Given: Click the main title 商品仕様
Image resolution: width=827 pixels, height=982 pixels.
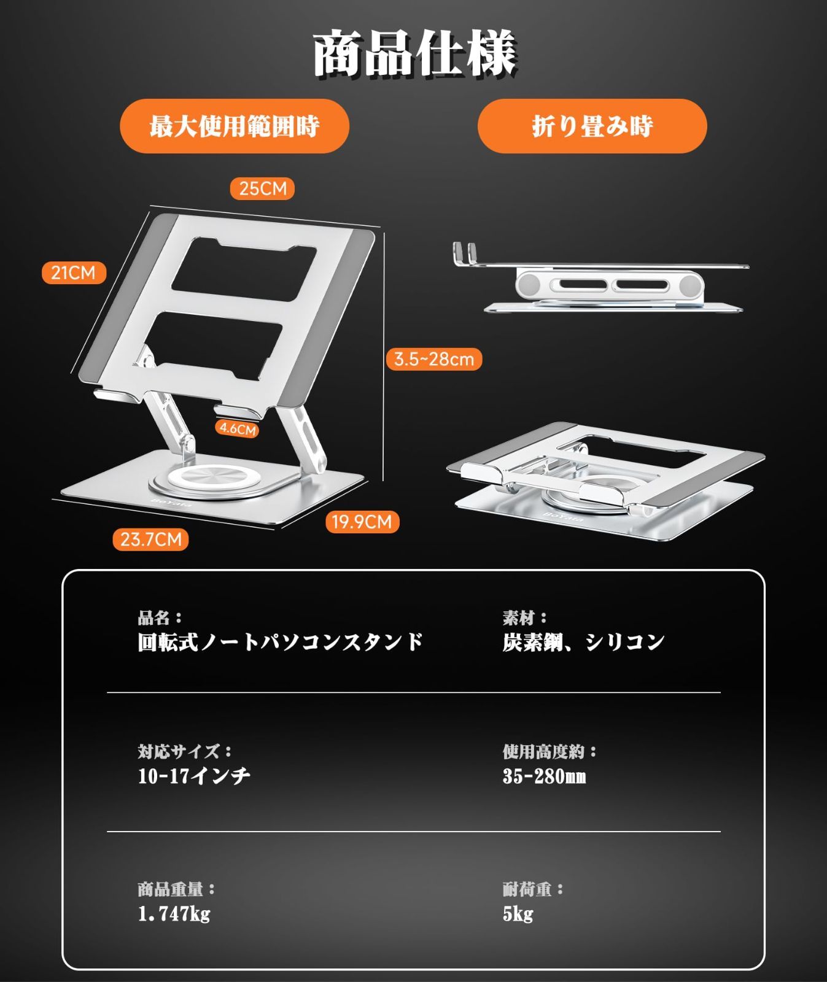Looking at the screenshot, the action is [x=414, y=54].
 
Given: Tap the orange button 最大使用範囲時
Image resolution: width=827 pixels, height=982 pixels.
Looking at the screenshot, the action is [x=234, y=126].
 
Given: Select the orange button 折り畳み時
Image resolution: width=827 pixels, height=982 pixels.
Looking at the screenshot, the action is [x=592, y=126].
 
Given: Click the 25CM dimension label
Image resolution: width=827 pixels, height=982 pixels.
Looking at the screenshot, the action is [x=263, y=188].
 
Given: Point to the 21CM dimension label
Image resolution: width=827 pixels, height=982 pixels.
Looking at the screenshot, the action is [x=74, y=273].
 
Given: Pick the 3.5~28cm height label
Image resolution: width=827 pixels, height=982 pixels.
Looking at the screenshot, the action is [x=434, y=359].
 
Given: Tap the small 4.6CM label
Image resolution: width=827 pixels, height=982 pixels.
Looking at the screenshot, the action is [x=238, y=428].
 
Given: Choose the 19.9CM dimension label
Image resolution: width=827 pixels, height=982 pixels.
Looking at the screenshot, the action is [x=362, y=522].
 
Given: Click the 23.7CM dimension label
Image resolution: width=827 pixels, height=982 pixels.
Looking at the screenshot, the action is [x=150, y=539].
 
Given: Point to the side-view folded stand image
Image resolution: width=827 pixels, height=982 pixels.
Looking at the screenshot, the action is [x=601, y=277].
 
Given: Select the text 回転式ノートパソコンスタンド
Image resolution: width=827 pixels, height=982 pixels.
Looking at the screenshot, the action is [x=281, y=642].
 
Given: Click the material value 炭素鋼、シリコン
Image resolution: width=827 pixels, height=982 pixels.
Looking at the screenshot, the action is [x=584, y=642].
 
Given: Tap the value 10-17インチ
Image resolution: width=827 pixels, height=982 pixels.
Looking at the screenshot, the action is [x=194, y=776].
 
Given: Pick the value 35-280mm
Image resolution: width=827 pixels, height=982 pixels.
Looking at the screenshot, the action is [x=544, y=776].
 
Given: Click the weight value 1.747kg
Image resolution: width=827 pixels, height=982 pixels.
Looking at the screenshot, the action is [x=174, y=914].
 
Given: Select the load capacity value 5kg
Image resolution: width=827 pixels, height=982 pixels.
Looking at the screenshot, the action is [x=518, y=914].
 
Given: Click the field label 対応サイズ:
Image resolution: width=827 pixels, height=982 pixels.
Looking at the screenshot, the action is [x=185, y=751].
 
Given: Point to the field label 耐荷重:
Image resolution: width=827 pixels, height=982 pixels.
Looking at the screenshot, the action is [x=533, y=889].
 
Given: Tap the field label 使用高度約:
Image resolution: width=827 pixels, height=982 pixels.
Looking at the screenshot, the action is [x=550, y=751].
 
